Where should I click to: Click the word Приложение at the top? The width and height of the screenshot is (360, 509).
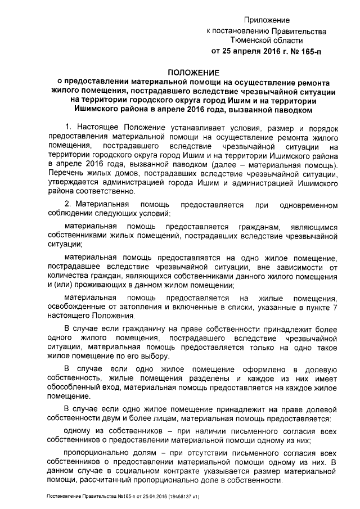pos(272,20)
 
